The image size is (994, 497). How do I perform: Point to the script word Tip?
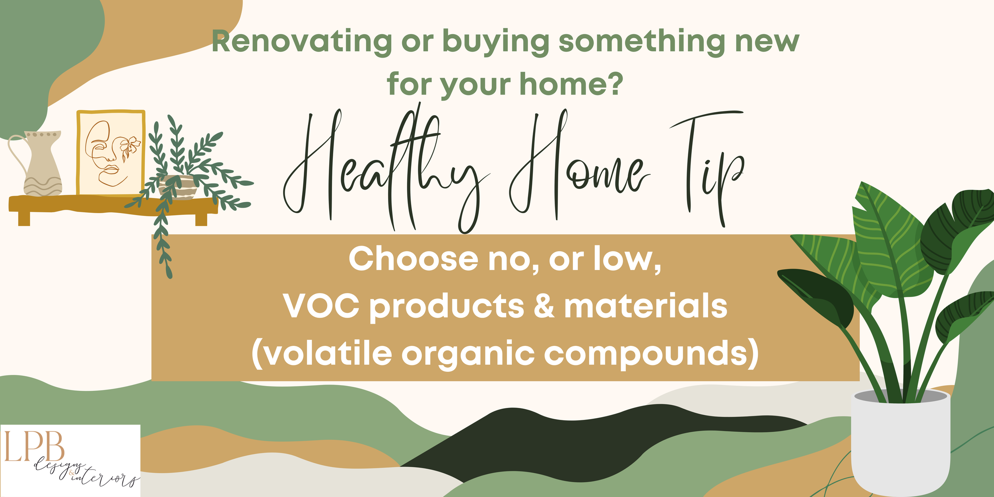click(x=708, y=167)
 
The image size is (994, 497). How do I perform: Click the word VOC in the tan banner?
click(x=321, y=306)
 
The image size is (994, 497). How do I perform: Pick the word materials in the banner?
click(x=646, y=306)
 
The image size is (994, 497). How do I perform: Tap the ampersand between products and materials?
click(x=544, y=306)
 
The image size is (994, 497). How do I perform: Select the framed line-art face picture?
click(x=111, y=153)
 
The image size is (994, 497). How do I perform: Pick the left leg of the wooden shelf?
click(x=24, y=219)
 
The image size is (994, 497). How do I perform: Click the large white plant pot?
click(x=901, y=441)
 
